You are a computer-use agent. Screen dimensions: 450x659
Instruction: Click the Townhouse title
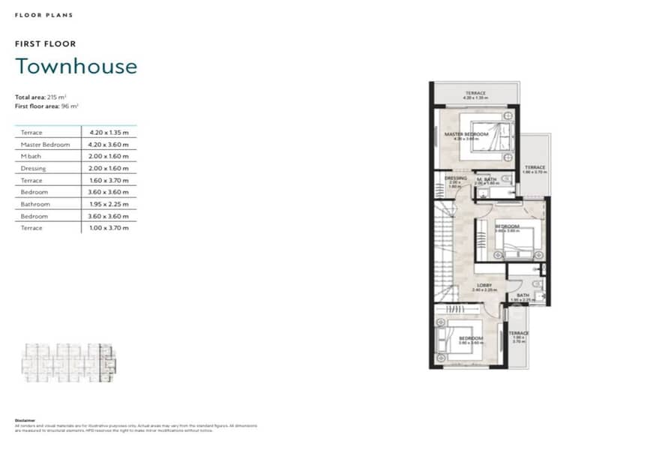pos(76,66)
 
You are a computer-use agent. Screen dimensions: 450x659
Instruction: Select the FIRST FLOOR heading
pos(45,44)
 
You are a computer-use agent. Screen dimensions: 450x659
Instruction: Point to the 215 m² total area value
pos(55,97)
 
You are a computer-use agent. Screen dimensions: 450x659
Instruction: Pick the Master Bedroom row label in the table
pos(45,144)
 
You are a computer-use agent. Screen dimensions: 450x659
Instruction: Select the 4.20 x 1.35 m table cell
pos(109,132)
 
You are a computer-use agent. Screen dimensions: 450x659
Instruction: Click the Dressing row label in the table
pos(34,168)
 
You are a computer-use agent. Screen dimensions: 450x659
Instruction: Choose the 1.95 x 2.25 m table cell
pos(109,204)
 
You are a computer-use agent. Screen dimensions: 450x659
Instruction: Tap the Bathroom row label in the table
pos(35,204)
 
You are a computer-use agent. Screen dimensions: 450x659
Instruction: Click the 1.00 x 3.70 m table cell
pos(109,228)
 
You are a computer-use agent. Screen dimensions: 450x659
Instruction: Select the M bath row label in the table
pos(32,156)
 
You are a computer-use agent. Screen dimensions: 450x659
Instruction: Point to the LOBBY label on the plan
pos(485,285)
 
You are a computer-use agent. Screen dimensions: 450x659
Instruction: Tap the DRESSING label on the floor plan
pos(455,178)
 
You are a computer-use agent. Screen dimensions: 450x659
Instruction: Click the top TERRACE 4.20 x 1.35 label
pos(476,94)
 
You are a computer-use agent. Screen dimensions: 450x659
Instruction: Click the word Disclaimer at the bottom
pos(24,420)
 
